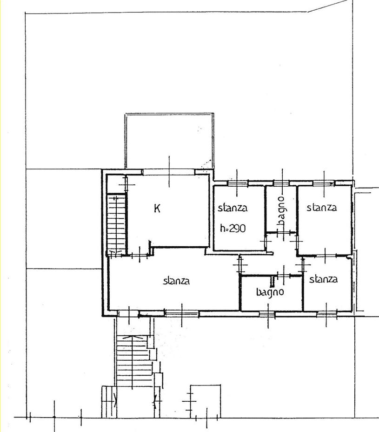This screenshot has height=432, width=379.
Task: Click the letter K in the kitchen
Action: tap(157, 208)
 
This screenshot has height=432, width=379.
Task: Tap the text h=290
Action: tap(233, 228)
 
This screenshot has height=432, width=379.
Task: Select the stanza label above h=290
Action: tap(233, 208)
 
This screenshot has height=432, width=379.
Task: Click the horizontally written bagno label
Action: tap(270, 292)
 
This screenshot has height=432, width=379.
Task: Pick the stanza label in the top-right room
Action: tap(321, 207)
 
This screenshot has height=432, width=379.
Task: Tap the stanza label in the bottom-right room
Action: tap(323, 279)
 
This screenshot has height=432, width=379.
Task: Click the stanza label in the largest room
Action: tap(176, 281)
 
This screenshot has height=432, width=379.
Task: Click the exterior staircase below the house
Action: tap(134, 360)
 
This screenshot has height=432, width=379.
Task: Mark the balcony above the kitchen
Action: tap(169, 141)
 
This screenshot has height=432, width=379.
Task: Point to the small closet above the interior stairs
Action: tap(116, 184)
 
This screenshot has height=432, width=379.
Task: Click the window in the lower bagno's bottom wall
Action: tap(267, 314)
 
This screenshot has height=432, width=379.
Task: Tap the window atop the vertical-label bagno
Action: tap(281, 183)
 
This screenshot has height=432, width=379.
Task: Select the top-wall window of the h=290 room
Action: tap(238, 183)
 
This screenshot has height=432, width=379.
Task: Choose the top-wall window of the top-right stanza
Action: tap(323, 183)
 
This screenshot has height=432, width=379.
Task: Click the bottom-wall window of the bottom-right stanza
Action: tap(327, 314)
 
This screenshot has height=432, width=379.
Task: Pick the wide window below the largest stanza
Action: tap(182, 313)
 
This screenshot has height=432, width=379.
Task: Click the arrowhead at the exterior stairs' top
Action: tap(133, 337)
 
